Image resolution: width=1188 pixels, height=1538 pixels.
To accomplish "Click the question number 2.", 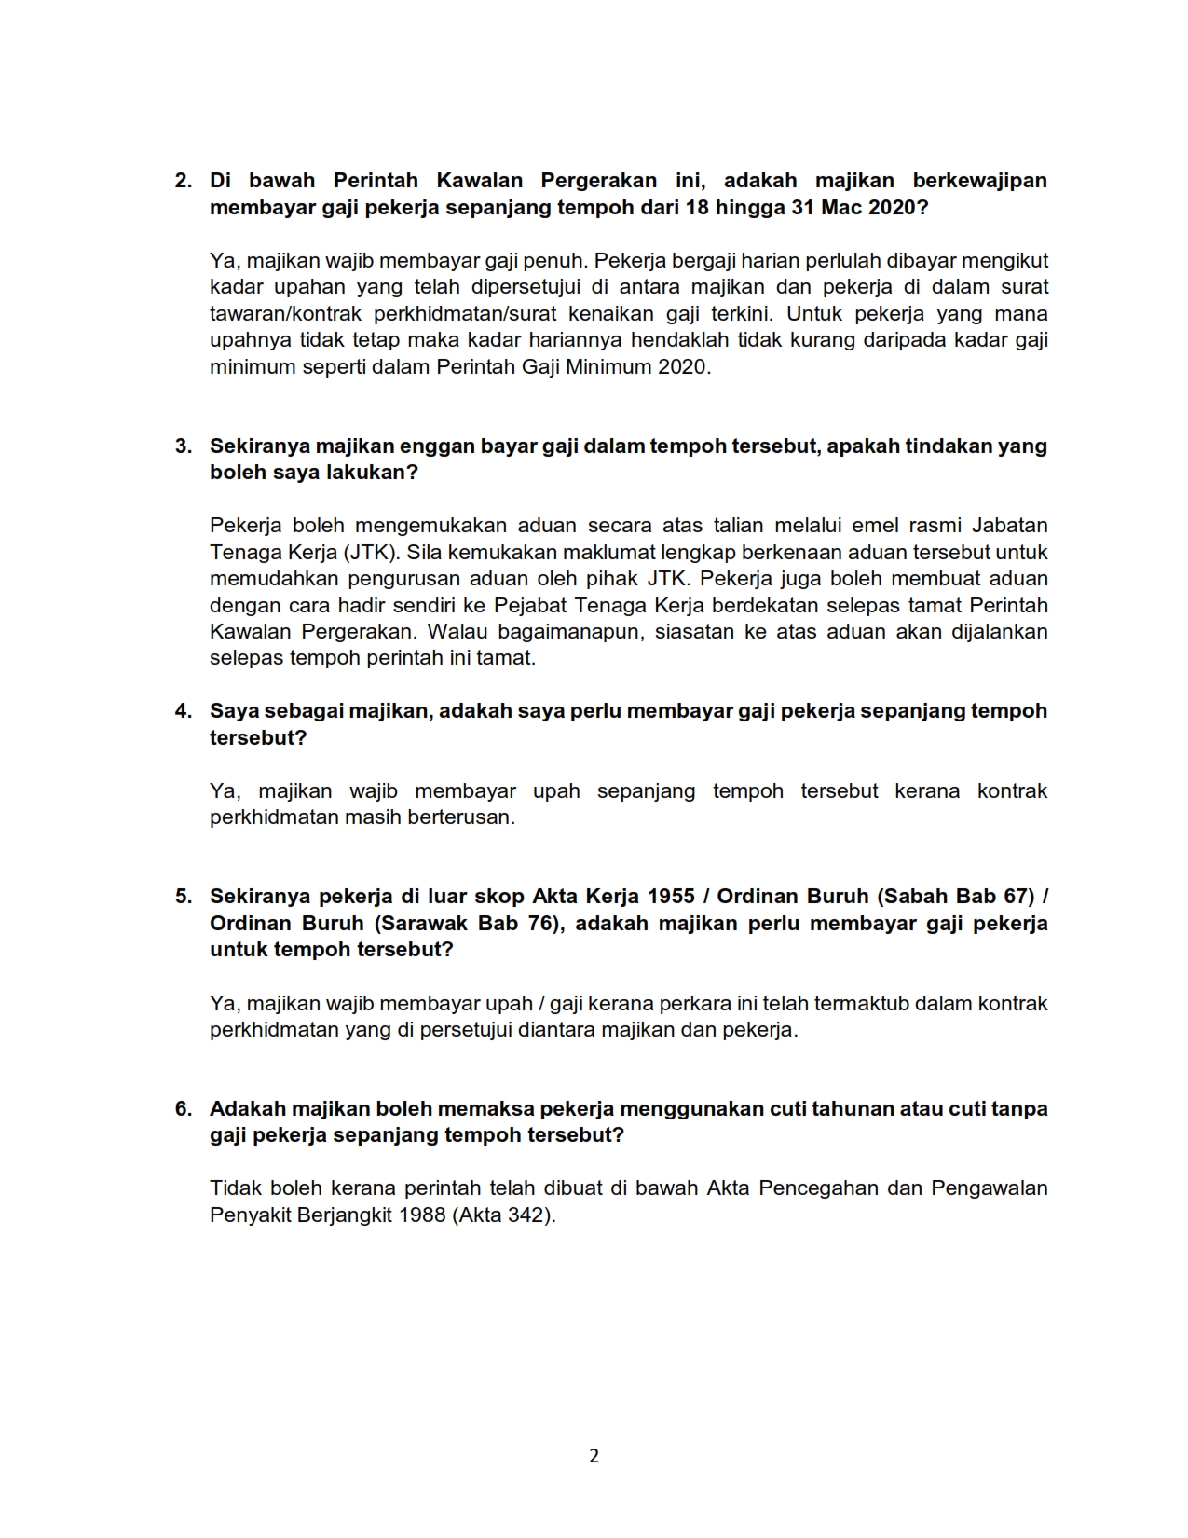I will pyautogui.click(x=183, y=181).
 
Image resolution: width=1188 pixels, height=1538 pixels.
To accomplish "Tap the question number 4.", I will pyautogui.click(x=183, y=711).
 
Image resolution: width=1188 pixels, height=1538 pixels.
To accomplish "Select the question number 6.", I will pyautogui.click(x=183, y=1109).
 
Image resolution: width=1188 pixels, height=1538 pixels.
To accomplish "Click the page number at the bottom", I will pyautogui.click(x=594, y=1456).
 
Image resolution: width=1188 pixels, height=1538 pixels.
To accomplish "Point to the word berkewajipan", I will pyautogui.click(x=979, y=181).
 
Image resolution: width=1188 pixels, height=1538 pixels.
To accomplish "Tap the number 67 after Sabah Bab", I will pyautogui.click(x=1014, y=897).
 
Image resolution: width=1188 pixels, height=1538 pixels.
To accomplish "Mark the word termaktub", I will pyautogui.click(x=862, y=1004).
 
